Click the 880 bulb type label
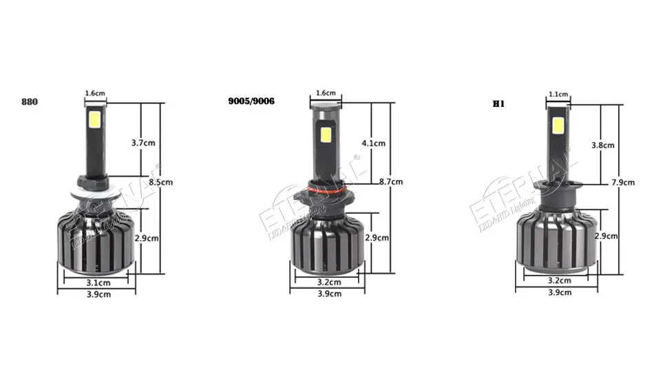(30, 102)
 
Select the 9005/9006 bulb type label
(251, 101)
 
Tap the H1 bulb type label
(498, 104)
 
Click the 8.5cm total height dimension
(160, 182)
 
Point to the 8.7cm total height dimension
(391, 181)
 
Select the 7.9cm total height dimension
(623, 183)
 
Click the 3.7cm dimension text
(143, 143)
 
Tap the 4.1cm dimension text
(373, 143)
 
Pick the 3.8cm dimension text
(602, 145)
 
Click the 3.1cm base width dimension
(98, 283)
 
